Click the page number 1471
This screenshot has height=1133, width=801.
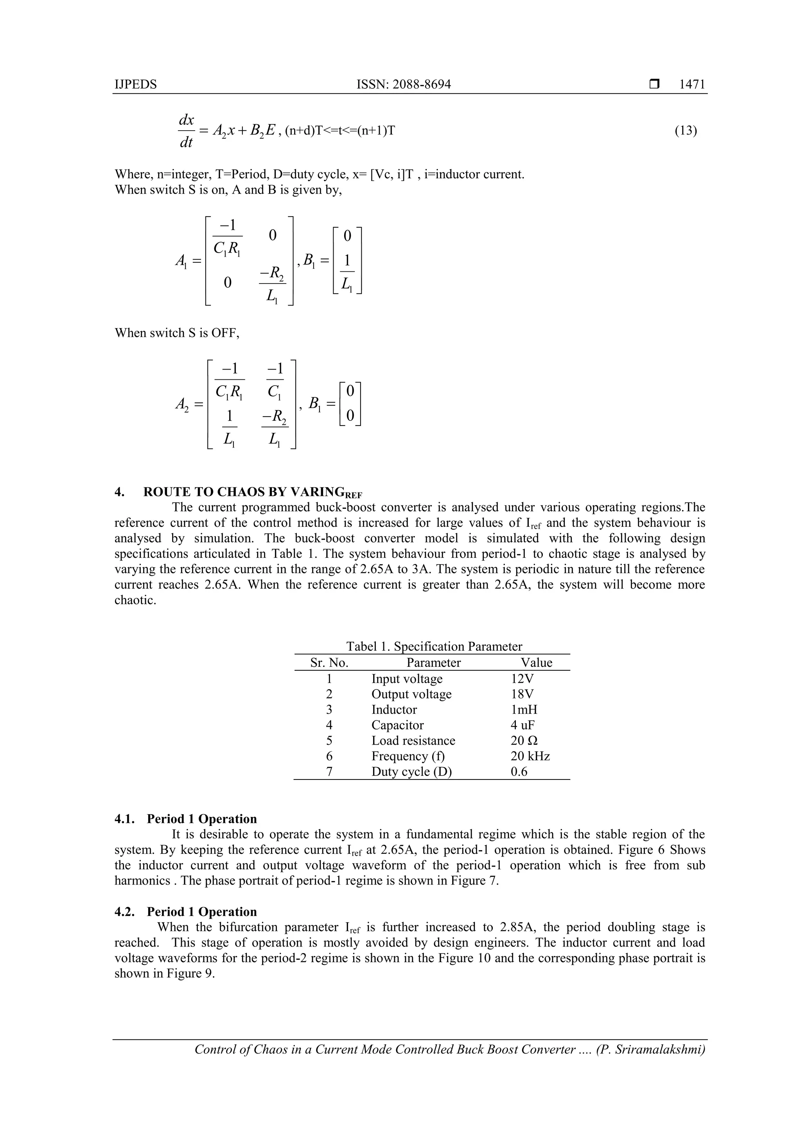(692, 84)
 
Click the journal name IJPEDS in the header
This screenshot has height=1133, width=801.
(136, 84)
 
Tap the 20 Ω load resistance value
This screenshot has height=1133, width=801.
(524, 741)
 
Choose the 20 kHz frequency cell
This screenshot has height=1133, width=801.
(530, 756)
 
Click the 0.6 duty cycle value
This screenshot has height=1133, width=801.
(519, 772)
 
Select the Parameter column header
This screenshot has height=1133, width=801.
(433, 663)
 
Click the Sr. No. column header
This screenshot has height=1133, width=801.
(329, 663)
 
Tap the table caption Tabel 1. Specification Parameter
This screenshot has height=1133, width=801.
(434, 646)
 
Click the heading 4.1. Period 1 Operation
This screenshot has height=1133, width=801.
(186, 819)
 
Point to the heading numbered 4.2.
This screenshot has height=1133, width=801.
(186, 912)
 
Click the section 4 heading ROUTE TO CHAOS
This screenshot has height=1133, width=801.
(242, 492)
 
